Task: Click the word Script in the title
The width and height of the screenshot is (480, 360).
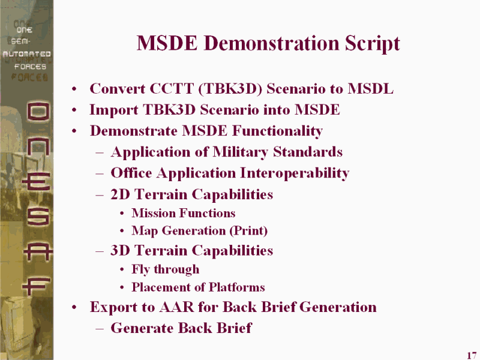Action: pos(372,43)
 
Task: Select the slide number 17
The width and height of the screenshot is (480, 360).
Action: pos(472,355)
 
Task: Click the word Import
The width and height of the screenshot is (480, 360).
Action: pos(113,110)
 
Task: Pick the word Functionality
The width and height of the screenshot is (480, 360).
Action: pos(277,131)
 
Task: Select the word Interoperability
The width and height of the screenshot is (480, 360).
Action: pos(295,173)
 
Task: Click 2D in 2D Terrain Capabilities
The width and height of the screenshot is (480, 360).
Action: pos(121,194)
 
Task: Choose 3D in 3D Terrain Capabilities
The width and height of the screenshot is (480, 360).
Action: pos(121,250)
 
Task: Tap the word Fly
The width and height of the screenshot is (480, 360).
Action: pos(140,269)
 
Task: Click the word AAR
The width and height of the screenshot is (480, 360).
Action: pos(176,307)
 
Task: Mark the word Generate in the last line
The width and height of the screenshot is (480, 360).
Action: pos(142,328)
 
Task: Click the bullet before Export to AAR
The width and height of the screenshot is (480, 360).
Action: pos(74,307)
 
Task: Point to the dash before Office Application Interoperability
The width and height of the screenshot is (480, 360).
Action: pos(100,174)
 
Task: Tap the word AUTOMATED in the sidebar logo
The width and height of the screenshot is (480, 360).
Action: pos(26,54)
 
